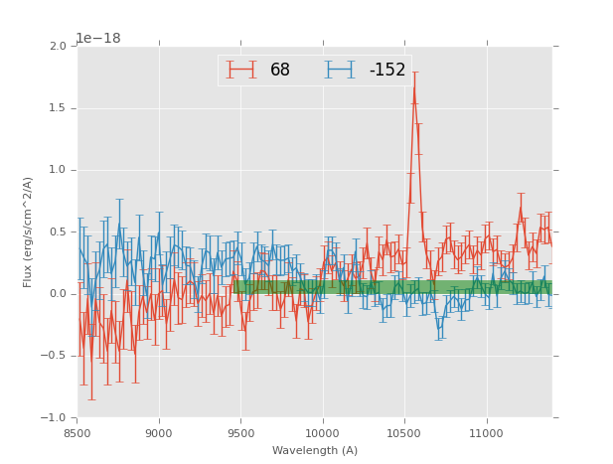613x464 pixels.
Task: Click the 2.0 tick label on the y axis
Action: click(x=58, y=47)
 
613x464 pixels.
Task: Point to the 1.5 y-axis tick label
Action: click(x=58, y=108)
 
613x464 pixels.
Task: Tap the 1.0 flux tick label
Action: click(x=58, y=170)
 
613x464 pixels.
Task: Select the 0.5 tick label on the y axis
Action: click(x=58, y=232)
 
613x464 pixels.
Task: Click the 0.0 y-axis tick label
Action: click(x=58, y=294)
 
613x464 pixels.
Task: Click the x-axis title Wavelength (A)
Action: click(x=315, y=451)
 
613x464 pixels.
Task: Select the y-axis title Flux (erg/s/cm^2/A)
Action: click(x=29, y=232)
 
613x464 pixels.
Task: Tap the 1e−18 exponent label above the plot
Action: click(x=99, y=39)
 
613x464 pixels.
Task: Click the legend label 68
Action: click(x=280, y=71)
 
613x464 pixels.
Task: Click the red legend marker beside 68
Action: click(x=241, y=70)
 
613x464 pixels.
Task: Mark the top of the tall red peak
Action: click(x=414, y=86)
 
